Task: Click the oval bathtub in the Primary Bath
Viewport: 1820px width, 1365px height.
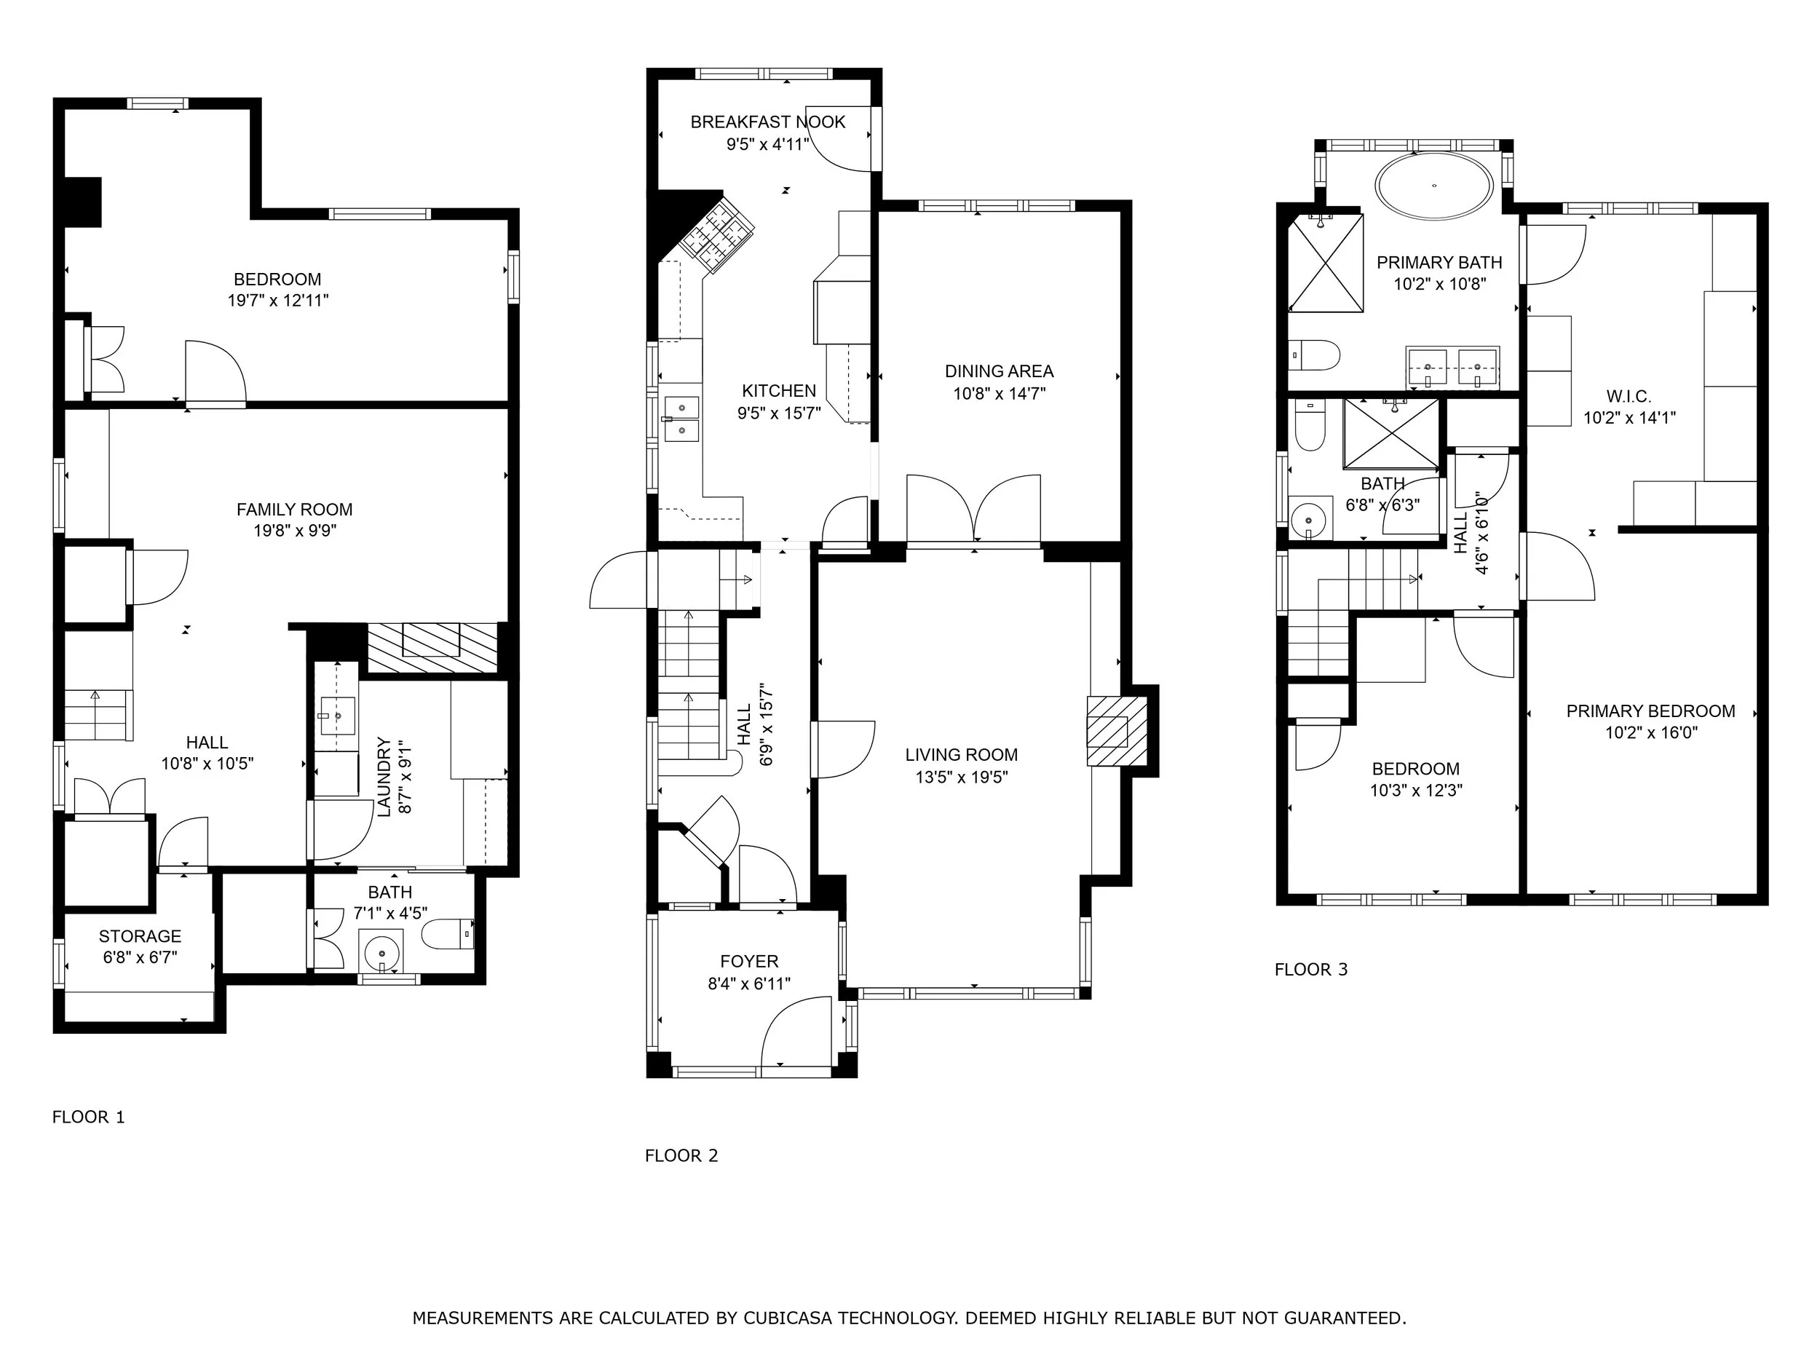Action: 1434,186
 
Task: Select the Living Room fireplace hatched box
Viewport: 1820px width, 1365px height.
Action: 1117,732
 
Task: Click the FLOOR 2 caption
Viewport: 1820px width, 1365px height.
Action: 681,1155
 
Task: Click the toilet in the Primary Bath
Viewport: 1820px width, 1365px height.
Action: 1315,355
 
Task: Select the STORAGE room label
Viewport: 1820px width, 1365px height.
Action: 140,936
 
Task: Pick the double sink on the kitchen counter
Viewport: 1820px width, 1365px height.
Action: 681,418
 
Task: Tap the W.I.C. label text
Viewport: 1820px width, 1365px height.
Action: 1629,397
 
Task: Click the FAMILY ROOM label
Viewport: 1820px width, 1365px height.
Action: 295,510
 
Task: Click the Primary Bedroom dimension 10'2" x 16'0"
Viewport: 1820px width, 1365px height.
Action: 1650,732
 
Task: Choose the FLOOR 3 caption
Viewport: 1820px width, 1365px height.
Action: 1310,969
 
